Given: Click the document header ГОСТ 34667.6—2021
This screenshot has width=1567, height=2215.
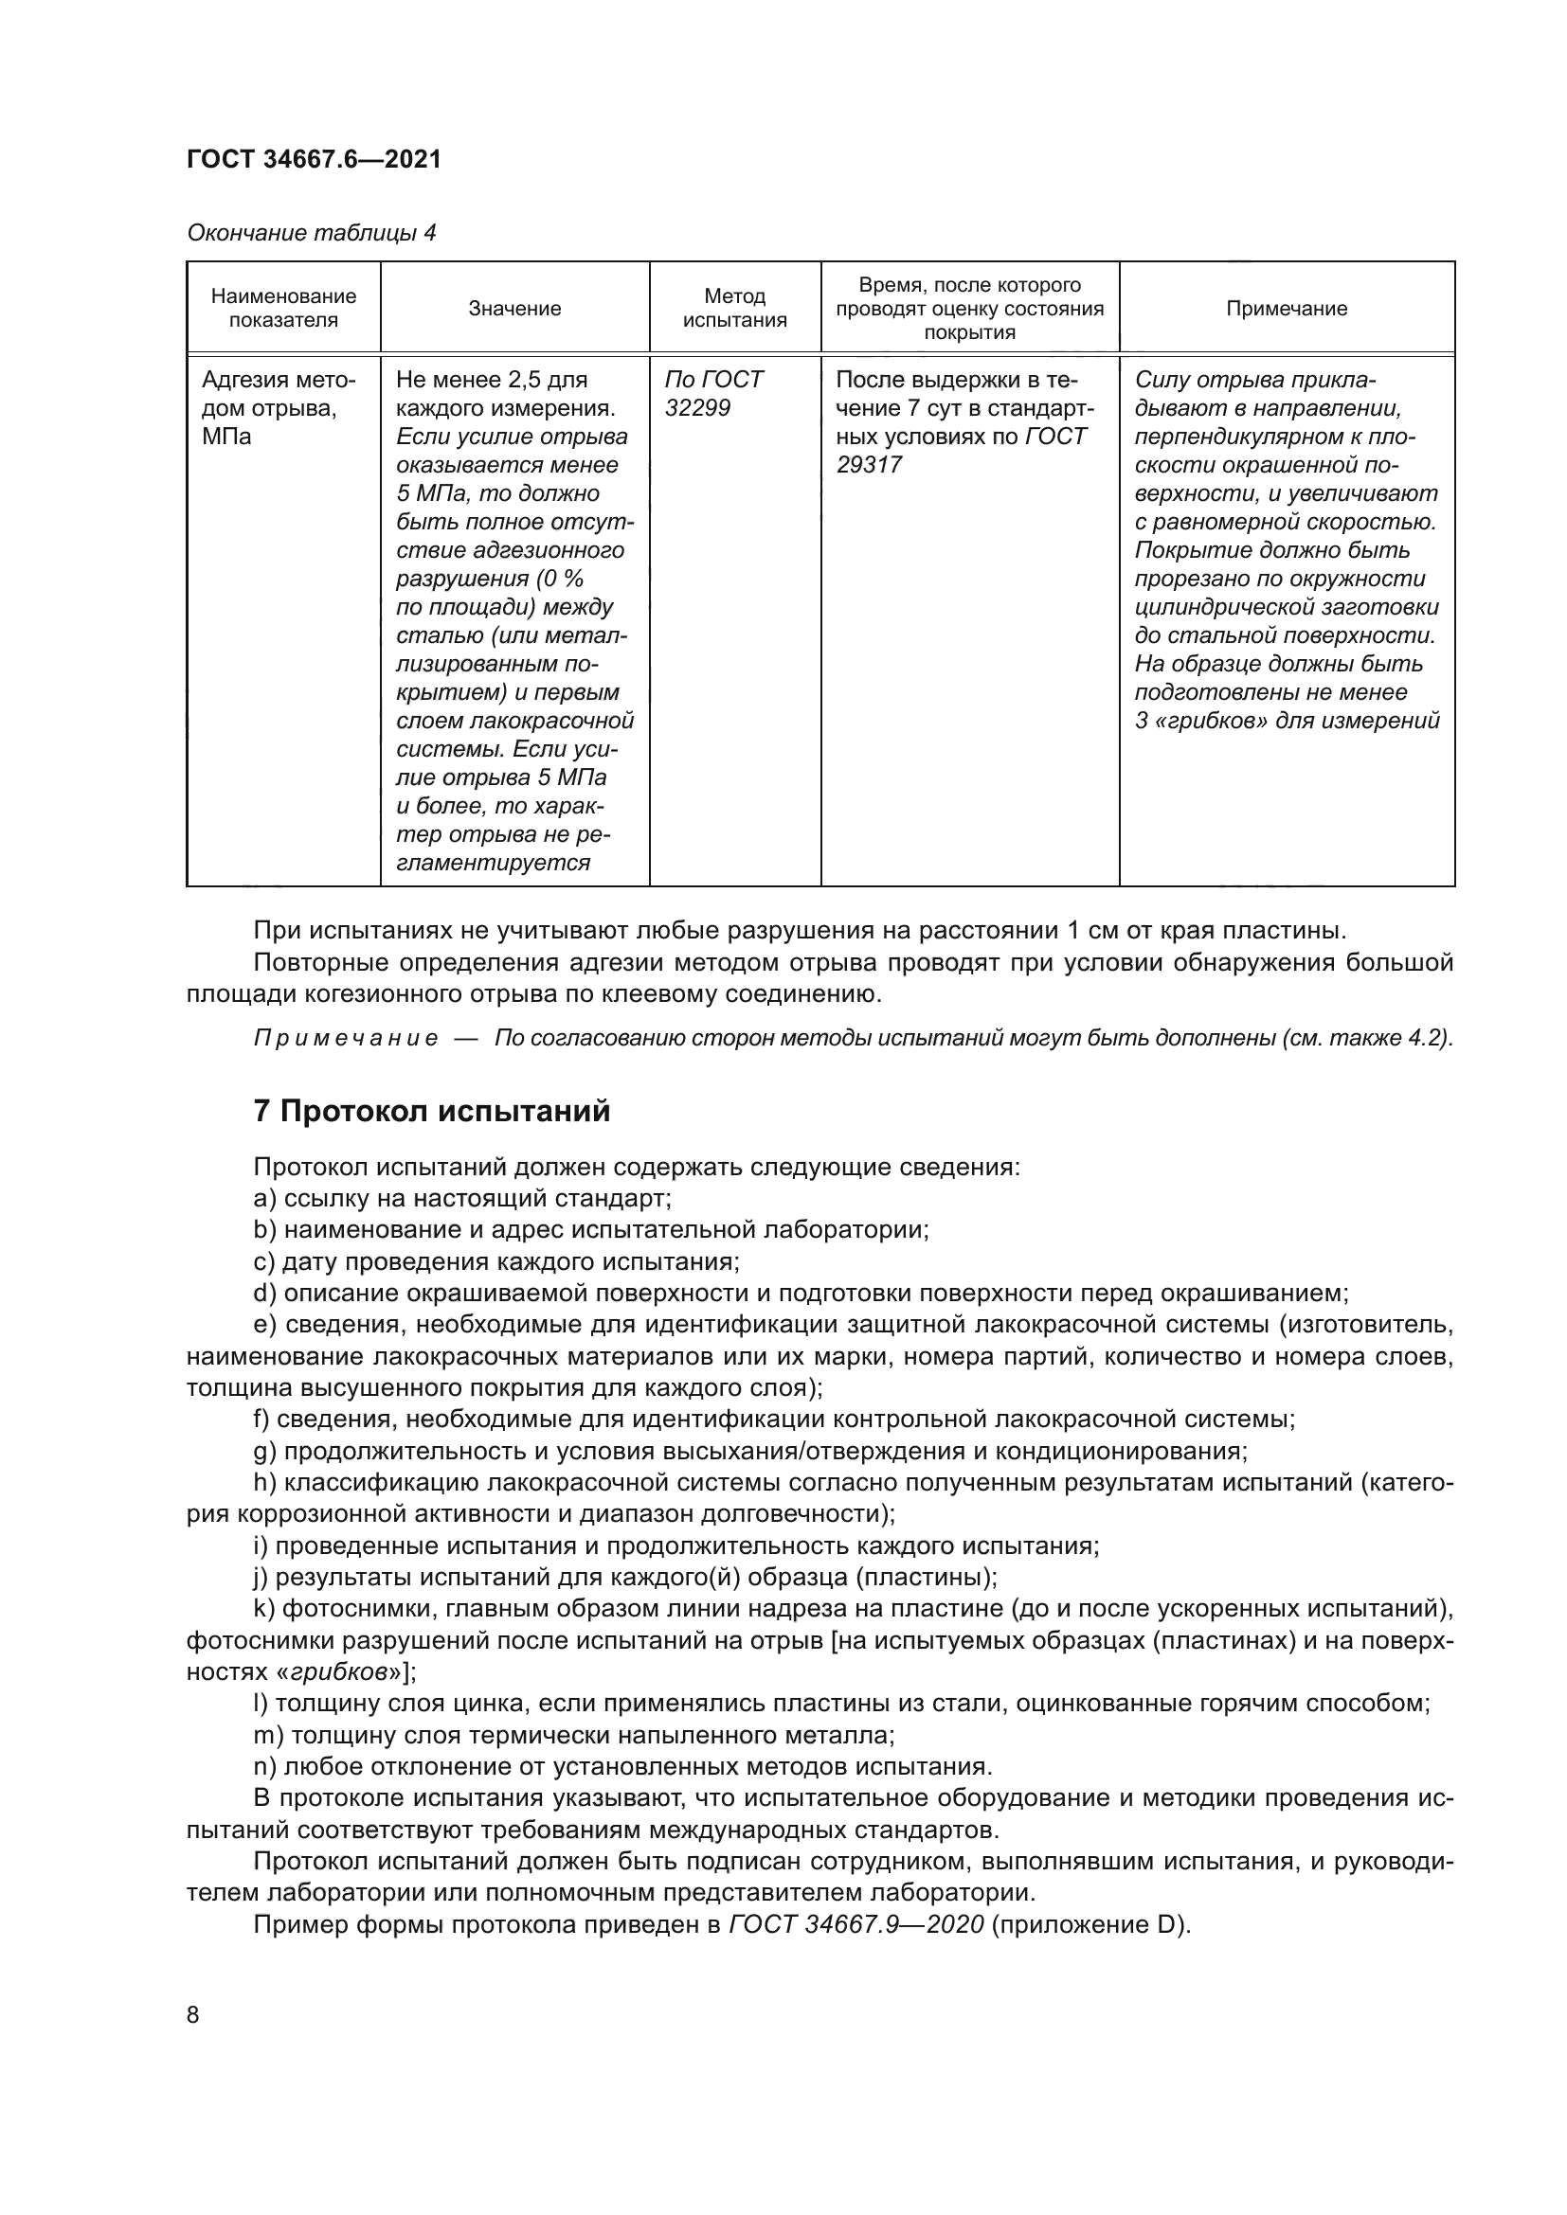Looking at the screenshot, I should pos(314,159).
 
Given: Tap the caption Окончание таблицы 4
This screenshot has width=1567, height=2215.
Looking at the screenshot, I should pos(311,233).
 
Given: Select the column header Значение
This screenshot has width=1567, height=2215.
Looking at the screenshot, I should pos(514,309).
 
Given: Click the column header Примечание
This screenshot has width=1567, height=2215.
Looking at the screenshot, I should pos(1287,309).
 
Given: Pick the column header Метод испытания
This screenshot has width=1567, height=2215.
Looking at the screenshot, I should pos(734,309).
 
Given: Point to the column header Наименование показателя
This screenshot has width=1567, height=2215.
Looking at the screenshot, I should pos(283,309).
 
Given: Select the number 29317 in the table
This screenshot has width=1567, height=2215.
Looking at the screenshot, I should pos(869,465).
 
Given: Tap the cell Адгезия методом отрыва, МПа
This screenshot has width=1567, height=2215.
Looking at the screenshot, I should pos(279,408).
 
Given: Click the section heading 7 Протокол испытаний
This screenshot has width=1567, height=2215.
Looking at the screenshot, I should pos(431,1112).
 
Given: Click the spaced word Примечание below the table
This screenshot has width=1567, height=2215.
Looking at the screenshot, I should pos(346,1039).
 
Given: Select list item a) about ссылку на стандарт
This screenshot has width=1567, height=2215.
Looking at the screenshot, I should pos(462,1199).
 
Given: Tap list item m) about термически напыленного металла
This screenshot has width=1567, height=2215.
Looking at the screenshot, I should pos(574,1736).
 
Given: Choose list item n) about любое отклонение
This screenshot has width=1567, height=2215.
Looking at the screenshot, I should pos(622,1767).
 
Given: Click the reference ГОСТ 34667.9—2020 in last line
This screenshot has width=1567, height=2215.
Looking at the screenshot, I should pos(856,1925).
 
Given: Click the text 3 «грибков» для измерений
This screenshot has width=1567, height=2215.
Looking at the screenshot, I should pos(1287,721).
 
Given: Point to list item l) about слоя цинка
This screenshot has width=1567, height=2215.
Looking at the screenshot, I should pos(839,1704).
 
